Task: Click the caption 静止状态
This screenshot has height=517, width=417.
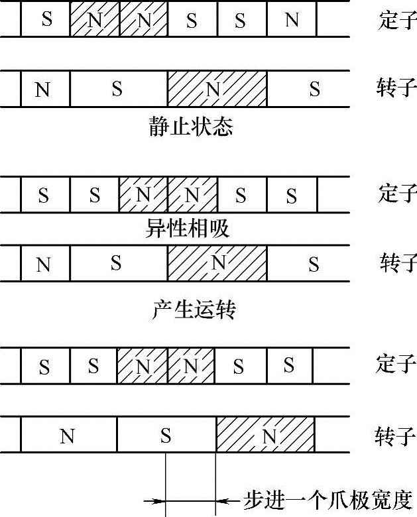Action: pyautogui.click(x=191, y=127)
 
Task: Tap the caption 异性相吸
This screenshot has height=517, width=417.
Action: pyautogui.click(x=187, y=229)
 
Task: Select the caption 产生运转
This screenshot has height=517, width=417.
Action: pyautogui.click(x=192, y=310)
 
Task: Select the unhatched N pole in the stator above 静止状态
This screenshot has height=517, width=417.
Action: pyautogui.click(x=292, y=20)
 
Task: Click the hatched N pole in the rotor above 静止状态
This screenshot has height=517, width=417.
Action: pyautogui.click(x=217, y=89)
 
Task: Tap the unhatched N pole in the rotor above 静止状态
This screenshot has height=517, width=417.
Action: pyautogui.click(x=44, y=89)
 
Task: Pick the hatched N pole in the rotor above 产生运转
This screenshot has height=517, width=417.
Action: pyautogui.click(x=217, y=264)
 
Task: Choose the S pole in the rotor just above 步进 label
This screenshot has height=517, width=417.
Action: pyautogui.click(x=166, y=436)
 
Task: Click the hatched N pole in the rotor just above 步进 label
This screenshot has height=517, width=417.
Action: pyautogui.click(x=265, y=436)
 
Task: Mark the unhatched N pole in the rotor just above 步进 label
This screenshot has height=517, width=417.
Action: pyautogui.click(x=68, y=436)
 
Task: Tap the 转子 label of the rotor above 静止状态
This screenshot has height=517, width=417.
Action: pyautogui.click(x=397, y=88)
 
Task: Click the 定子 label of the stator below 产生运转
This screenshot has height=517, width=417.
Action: pyautogui.click(x=397, y=364)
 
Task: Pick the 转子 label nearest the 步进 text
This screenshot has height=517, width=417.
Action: pyautogui.click(x=396, y=437)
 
